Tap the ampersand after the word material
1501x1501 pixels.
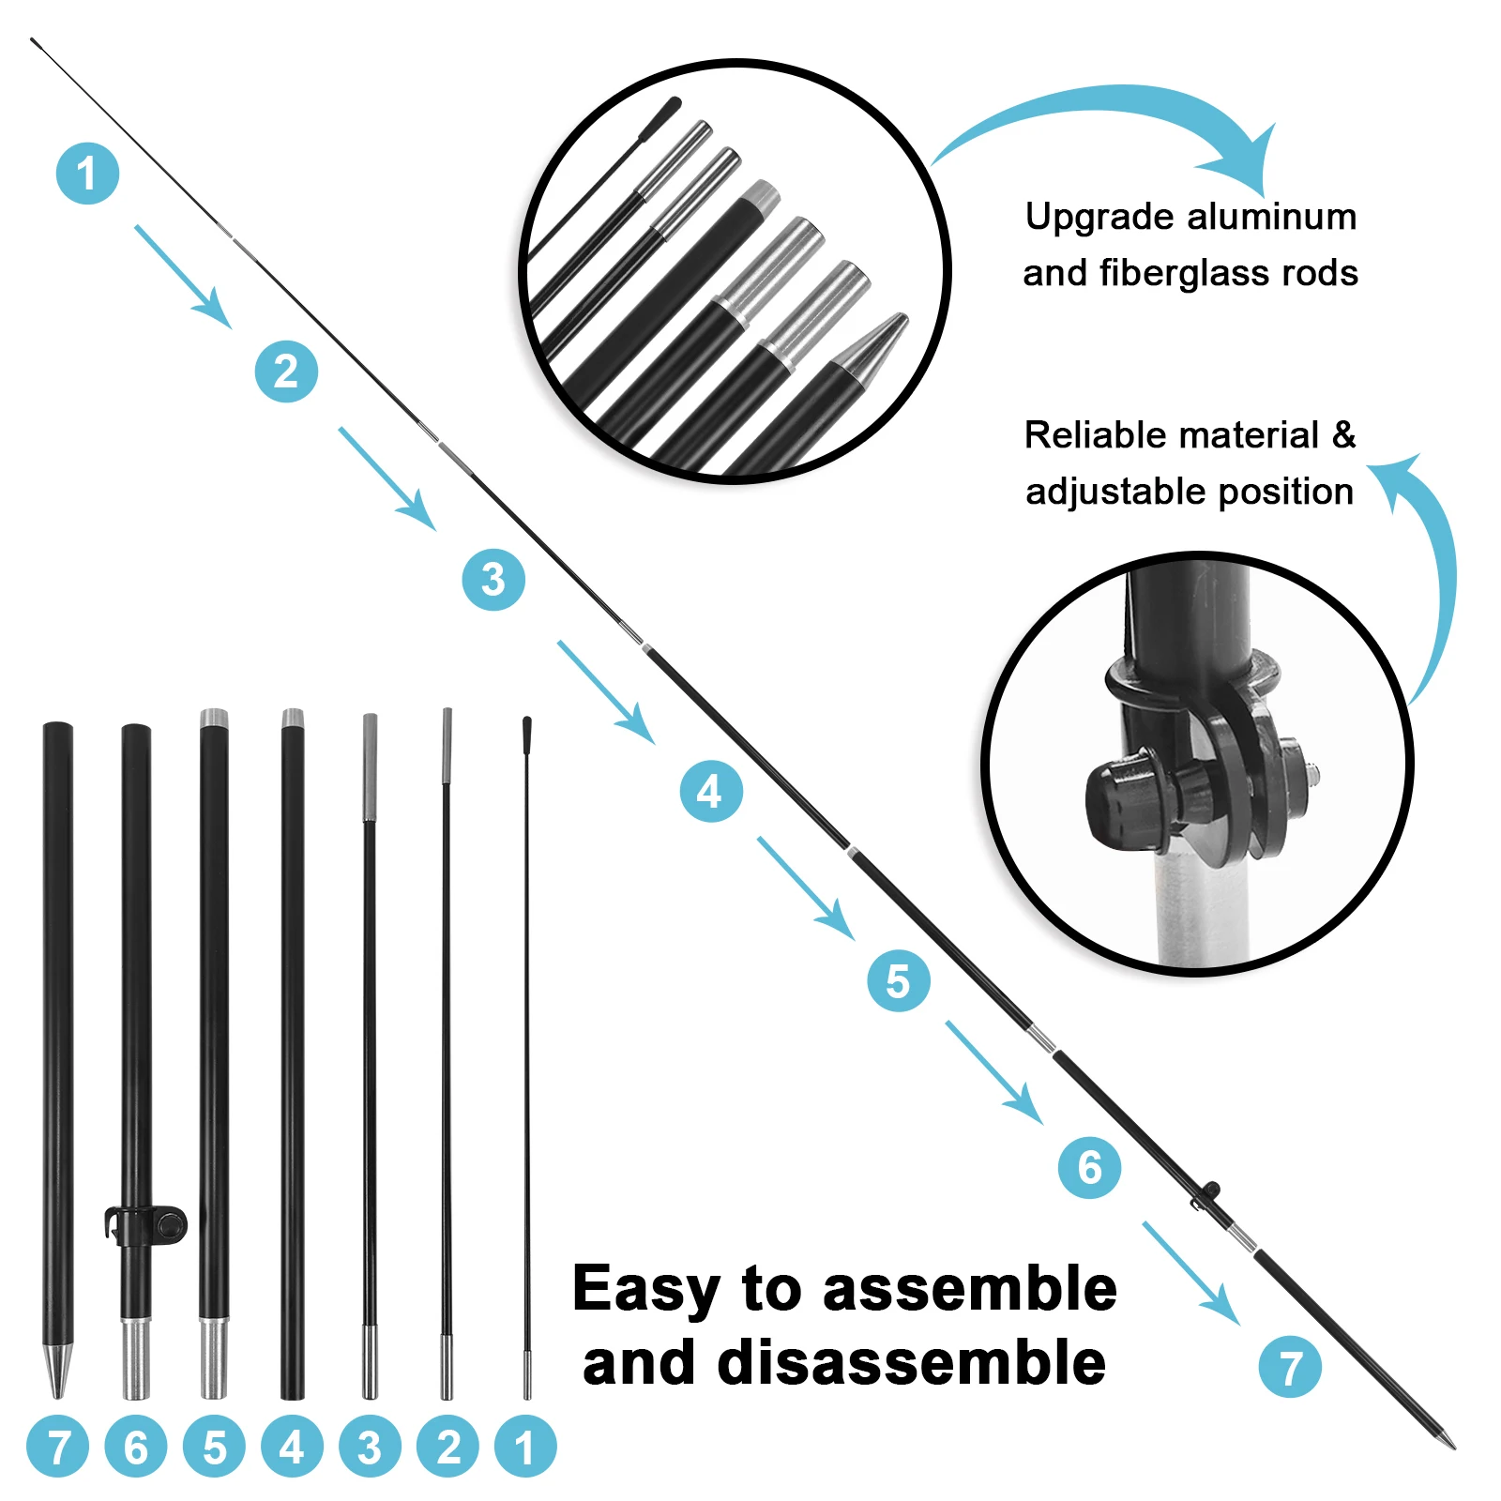pyautogui.click(x=1343, y=435)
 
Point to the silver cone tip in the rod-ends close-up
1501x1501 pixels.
pyautogui.click(x=872, y=351)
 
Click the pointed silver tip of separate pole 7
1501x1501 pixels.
pyautogui.click(x=57, y=1370)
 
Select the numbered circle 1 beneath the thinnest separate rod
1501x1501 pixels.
pyautogui.click(x=525, y=1447)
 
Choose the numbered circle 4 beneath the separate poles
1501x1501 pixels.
pyautogui.click(x=292, y=1447)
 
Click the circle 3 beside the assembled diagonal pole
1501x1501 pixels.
pyautogui.click(x=493, y=580)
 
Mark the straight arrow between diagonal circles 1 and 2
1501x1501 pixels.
pyautogui.click(x=183, y=276)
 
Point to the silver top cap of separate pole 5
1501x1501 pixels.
pyautogui.click(x=214, y=720)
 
